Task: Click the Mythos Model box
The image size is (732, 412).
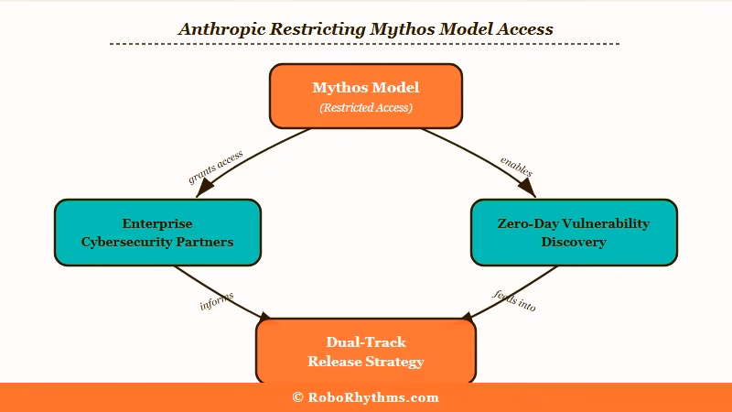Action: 365,95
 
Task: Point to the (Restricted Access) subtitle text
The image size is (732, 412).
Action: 365,108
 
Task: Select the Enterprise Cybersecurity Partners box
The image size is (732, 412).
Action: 157,233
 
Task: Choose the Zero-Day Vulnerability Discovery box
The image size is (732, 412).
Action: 573,233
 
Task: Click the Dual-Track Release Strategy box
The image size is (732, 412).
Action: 365,351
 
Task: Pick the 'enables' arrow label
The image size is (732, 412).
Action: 516,167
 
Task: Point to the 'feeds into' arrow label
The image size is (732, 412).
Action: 514,299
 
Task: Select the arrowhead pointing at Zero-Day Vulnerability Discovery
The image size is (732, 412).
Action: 526,188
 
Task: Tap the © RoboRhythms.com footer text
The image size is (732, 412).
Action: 365,397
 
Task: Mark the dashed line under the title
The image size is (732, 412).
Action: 365,44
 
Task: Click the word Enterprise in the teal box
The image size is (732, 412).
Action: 157,223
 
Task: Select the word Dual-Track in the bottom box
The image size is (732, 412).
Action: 365,342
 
